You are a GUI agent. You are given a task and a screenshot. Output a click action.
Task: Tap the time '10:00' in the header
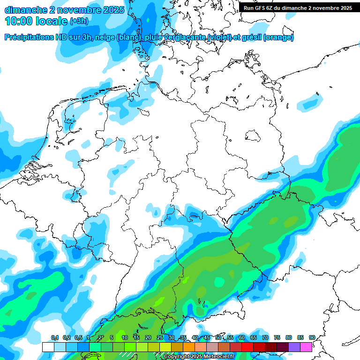click(x=19, y=21)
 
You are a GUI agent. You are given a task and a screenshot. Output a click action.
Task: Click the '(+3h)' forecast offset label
click(x=79, y=21)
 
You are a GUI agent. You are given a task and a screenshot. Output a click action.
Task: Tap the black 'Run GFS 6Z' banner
click(x=298, y=7)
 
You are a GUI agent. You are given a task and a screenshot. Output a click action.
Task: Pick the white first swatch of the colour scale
click(x=48, y=347)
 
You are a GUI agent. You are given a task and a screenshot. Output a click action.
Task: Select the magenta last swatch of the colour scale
click(x=306, y=347)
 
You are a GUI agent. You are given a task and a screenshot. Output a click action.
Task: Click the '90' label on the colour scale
click(x=312, y=337)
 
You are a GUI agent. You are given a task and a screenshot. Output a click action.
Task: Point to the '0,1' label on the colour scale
click(x=54, y=337)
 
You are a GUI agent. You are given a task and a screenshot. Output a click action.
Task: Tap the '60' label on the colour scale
click(x=241, y=337)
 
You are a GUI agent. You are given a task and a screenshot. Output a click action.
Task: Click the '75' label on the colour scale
click(x=277, y=337)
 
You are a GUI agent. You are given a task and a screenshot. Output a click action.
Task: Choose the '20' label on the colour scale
click(x=148, y=337)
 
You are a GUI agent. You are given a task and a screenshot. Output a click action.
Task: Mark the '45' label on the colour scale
click(x=206, y=337)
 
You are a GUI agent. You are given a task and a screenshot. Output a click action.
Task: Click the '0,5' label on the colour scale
click(x=78, y=337)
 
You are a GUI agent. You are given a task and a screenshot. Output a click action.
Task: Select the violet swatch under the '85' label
click(x=294, y=347)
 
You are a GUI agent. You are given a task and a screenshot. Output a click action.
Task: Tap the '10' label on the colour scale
click(x=124, y=337)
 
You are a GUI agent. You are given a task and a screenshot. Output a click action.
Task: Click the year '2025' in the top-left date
click(x=110, y=9)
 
